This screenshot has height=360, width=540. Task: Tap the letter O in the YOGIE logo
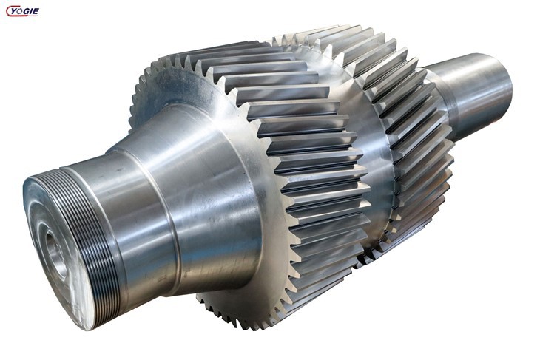[x=18, y=12]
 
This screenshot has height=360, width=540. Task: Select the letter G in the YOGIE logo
[x=25, y=12]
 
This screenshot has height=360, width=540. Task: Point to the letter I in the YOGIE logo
[x=30, y=12]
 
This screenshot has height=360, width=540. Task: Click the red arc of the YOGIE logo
[x=7, y=12]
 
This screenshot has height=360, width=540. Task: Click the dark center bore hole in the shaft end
[x=53, y=247]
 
